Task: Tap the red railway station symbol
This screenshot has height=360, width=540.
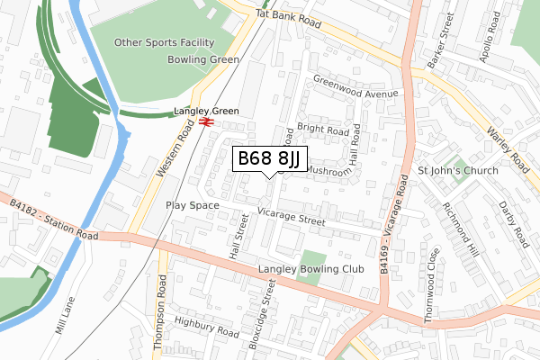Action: click(207, 121)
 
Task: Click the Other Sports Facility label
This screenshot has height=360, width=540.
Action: click(165, 42)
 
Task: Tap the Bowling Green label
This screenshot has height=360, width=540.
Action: click(202, 59)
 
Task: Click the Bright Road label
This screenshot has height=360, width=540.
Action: click(322, 130)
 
